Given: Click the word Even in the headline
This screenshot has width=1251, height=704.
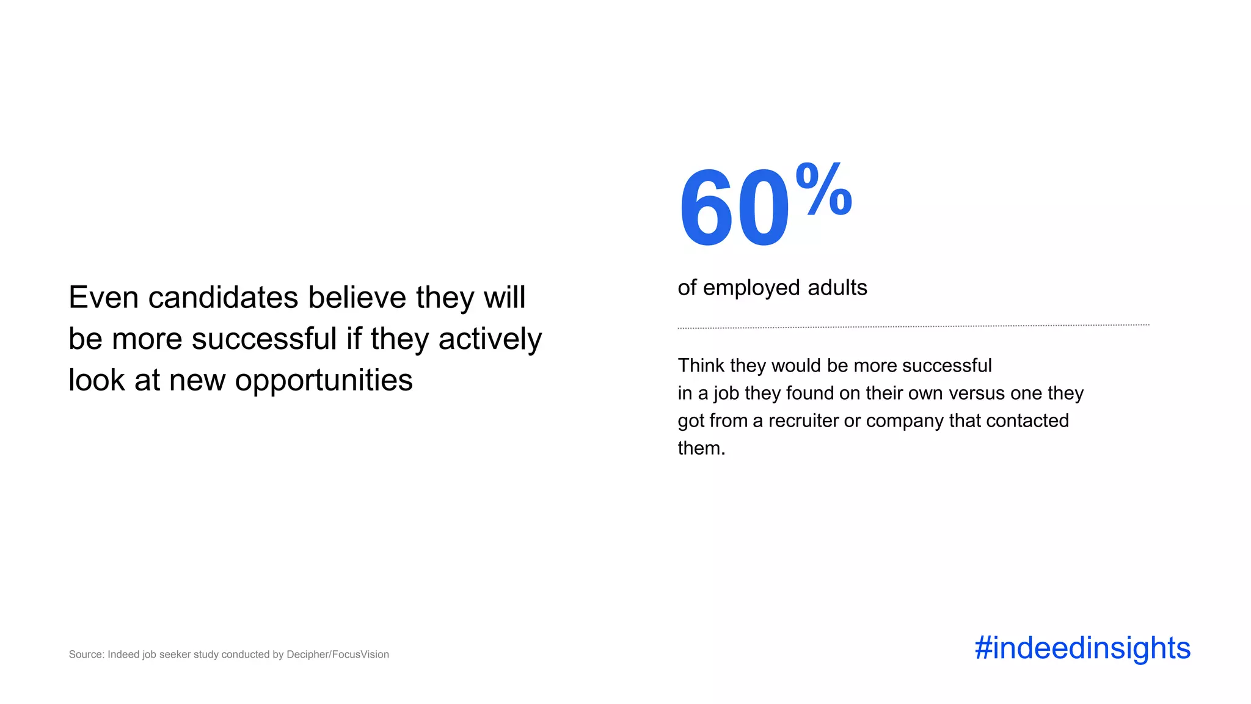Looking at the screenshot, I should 104,298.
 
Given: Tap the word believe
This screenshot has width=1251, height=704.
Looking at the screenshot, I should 357,298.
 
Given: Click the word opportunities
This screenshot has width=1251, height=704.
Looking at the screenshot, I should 324,381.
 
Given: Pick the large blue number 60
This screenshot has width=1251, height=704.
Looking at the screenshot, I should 734,208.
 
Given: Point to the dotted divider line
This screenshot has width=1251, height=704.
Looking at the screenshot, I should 913,326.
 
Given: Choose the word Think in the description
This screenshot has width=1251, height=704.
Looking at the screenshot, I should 701,365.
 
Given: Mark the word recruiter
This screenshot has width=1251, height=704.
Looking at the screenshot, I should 803,420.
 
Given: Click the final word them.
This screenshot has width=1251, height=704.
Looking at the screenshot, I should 701,449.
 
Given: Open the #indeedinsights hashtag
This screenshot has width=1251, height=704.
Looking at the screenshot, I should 1082,648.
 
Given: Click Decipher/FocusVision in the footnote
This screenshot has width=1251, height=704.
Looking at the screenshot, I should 338,654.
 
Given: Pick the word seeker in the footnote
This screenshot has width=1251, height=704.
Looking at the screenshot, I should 175,654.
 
